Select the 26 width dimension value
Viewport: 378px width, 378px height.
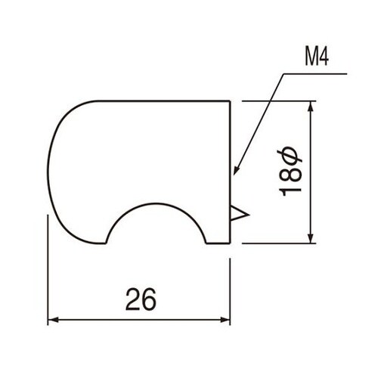pos(141,300)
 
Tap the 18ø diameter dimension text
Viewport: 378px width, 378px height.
pos(292,173)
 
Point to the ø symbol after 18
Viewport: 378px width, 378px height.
pos(292,156)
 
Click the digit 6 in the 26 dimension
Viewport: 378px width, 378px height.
pos(150,300)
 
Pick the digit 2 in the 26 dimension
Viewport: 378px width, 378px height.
pos(132,300)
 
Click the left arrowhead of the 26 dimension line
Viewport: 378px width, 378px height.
pos(53,320)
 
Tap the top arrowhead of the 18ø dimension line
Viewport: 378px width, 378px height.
pos(310,106)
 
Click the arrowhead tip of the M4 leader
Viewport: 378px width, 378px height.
pos(235,173)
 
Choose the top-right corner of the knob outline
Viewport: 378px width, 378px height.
pos(229,101)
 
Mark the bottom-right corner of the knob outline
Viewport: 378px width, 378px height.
pos(229,243)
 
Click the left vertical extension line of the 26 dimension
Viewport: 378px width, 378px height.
pos(48,272)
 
